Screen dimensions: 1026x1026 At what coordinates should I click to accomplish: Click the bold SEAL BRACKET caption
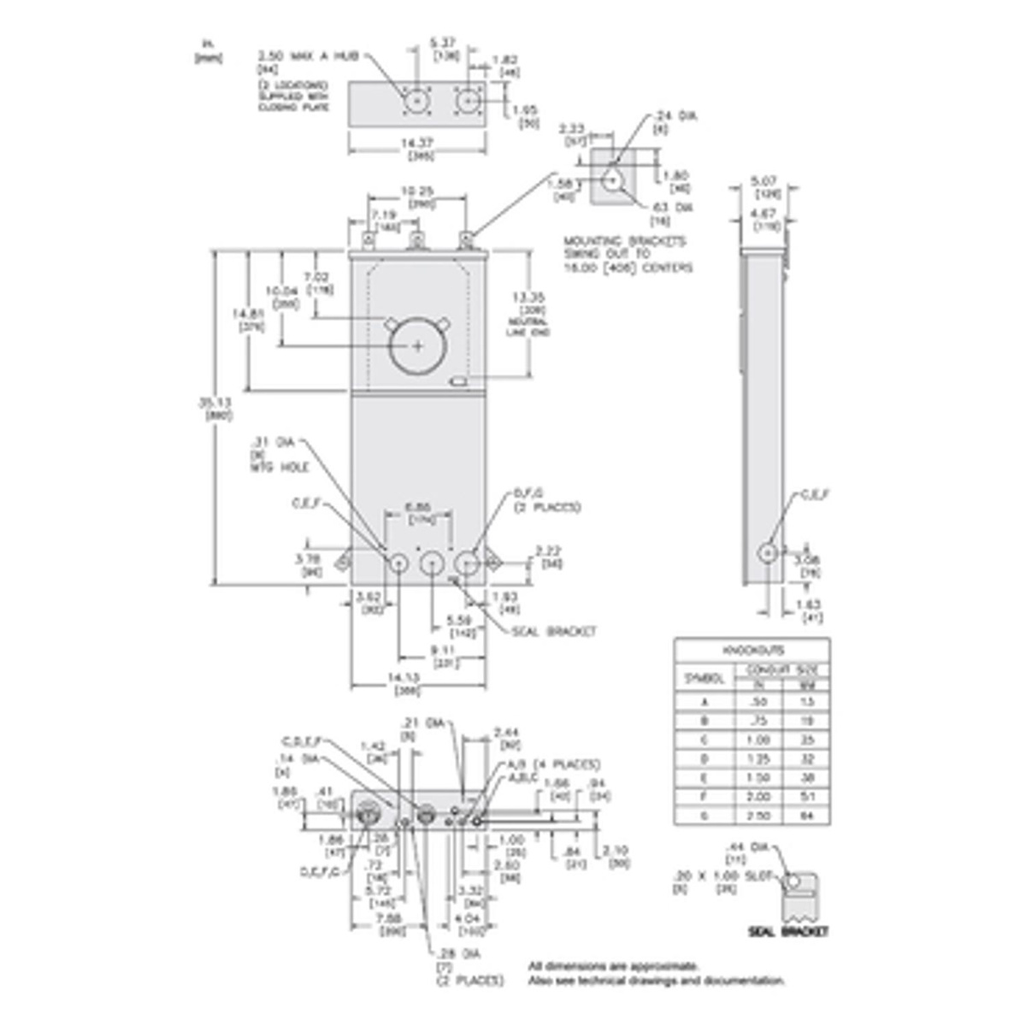[787, 931]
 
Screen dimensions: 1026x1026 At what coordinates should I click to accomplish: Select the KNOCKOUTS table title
[751, 650]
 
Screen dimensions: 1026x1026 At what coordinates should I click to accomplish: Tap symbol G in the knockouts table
[706, 816]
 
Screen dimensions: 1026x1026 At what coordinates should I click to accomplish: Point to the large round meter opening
[417, 346]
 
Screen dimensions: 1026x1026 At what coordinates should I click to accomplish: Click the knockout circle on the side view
[769, 551]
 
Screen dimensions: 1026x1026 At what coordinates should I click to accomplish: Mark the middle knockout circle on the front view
[432, 563]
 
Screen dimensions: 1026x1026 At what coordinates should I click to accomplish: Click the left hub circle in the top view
[416, 100]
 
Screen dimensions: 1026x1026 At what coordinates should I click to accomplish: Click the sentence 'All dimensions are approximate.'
[613, 965]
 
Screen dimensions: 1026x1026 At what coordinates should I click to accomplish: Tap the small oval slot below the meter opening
[459, 380]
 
